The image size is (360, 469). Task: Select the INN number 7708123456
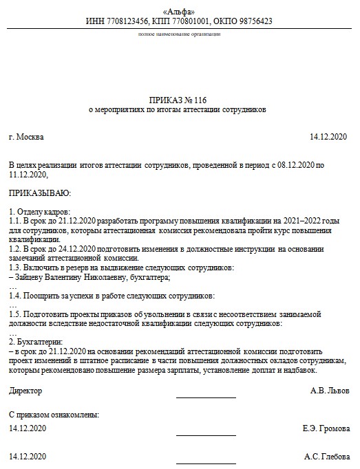click(x=129, y=21)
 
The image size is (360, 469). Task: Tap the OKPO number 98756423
click(x=251, y=21)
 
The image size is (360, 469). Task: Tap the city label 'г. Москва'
click(x=26, y=137)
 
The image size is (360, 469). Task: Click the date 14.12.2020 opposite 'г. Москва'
click(x=330, y=137)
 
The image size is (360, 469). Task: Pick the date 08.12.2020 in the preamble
click(x=294, y=166)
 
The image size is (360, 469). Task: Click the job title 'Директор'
click(x=25, y=391)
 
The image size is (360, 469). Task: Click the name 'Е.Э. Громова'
click(x=326, y=428)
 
